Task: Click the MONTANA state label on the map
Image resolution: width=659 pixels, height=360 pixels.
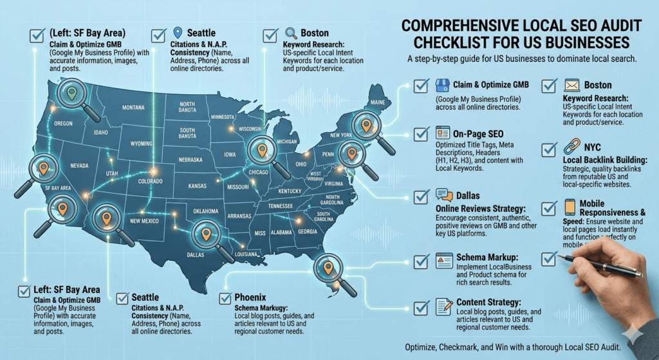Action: [x=133, y=108]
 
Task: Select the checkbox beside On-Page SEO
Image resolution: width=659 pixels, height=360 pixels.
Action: [x=422, y=134]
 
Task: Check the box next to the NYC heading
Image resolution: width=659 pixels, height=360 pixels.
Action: [x=549, y=149]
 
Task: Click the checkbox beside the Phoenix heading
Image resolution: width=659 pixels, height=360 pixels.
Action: [x=226, y=298]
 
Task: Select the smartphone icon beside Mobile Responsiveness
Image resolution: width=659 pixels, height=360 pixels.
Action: [x=571, y=207]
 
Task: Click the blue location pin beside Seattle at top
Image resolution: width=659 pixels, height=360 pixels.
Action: [x=178, y=33]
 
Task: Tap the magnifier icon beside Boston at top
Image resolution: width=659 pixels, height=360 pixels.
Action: [x=290, y=33]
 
